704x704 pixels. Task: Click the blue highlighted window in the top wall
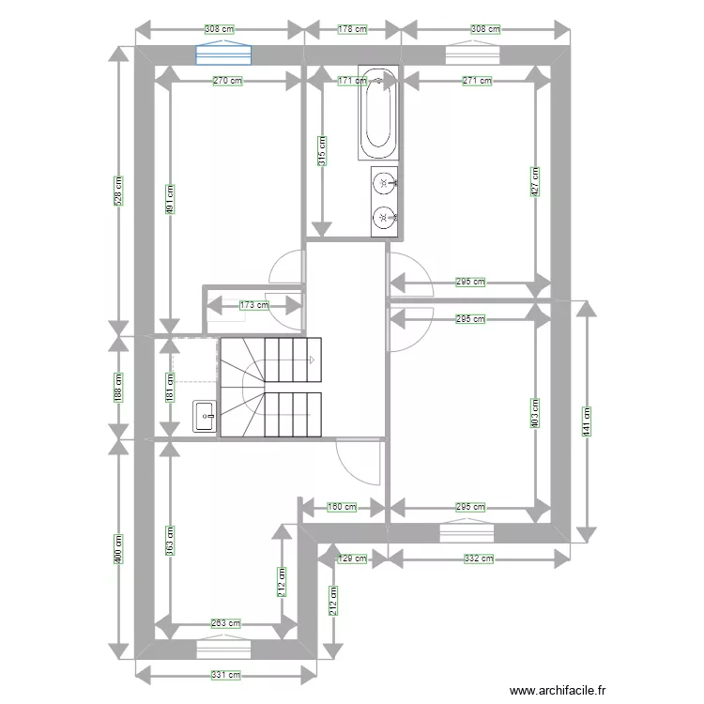(x=223, y=54)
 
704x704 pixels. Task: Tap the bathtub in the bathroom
(x=378, y=113)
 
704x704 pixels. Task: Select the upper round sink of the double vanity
(x=385, y=183)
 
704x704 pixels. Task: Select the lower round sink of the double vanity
(x=385, y=218)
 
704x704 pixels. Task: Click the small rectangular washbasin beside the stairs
(x=205, y=417)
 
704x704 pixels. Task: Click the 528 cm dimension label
(x=118, y=191)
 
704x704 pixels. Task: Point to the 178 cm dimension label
(x=352, y=29)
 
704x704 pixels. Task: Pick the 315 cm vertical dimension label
(x=322, y=151)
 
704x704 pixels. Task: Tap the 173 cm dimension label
(x=254, y=305)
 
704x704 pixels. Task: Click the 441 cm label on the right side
(x=587, y=421)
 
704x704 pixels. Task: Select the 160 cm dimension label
(x=342, y=507)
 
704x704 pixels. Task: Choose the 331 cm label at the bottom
(x=226, y=675)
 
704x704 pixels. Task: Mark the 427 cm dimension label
(x=535, y=182)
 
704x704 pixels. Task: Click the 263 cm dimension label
(x=226, y=623)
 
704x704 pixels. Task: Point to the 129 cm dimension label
(x=352, y=559)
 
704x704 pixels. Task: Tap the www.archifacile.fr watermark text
(x=558, y=690)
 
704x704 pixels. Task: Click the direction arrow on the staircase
(x=311, y=360)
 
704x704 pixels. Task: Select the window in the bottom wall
(x=223, y=649)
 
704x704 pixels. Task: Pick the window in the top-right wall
(x=472, y=54)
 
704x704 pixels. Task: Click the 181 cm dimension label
(x=170, y=387)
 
